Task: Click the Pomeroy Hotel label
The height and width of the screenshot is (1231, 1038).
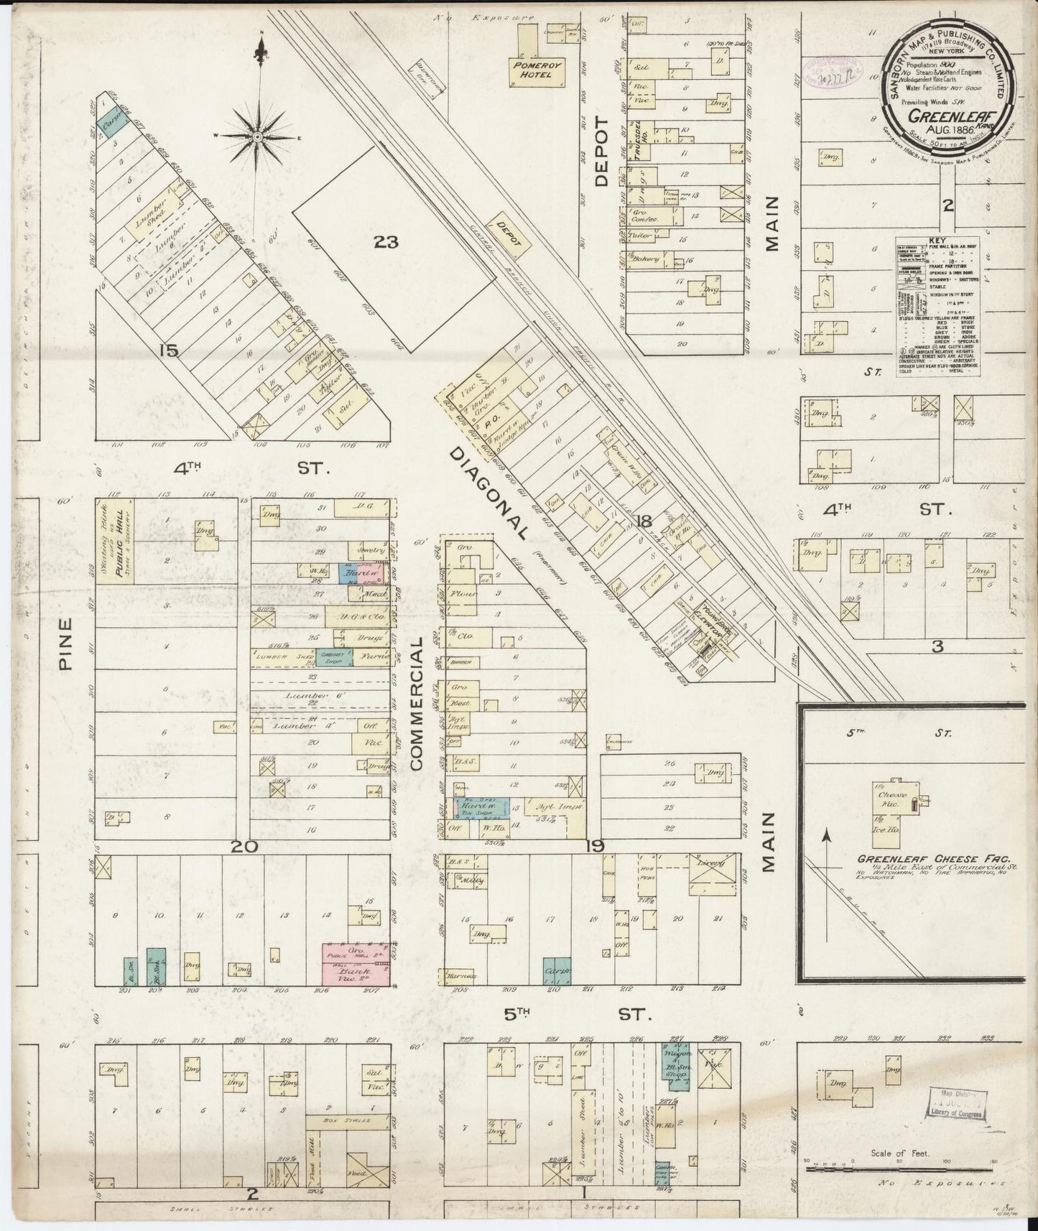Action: point(532,70)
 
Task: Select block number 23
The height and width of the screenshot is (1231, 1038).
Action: point(385,243)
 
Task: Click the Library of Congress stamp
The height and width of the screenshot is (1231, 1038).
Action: point(953,1107)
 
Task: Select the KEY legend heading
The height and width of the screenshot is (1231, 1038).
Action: point(937,241)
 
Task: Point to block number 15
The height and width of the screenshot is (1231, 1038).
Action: point(170,351)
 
